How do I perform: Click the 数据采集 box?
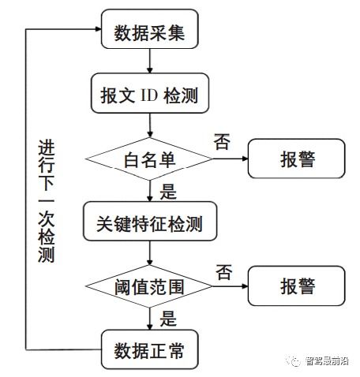tap(149, 32)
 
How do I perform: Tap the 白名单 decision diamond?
tap(149, 159)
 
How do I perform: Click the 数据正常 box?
tap(149, 348)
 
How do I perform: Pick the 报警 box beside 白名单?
tap(297, 159)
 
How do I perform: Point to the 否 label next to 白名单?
tap(222, 141)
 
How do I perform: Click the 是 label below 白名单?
tap(168, 189)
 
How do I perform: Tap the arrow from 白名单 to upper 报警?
tap(230, 159)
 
